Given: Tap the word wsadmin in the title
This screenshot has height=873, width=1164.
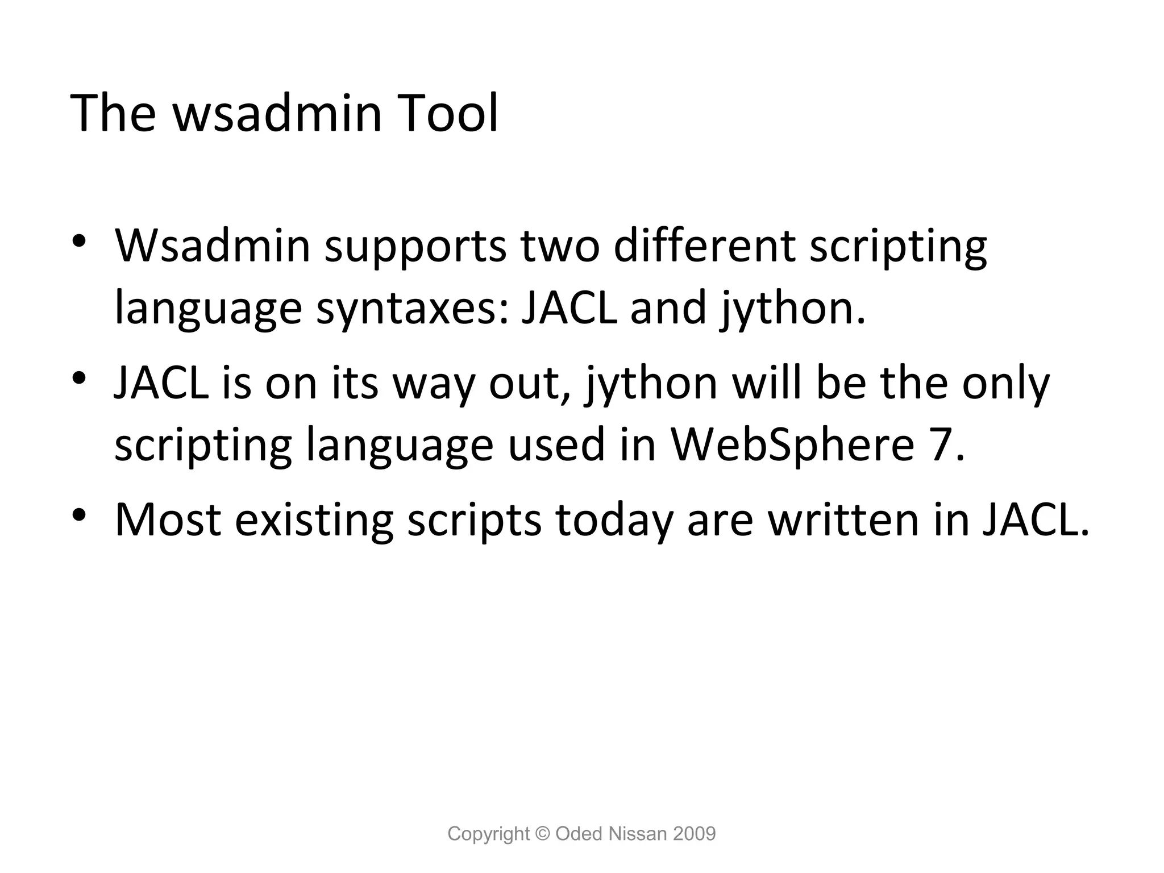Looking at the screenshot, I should pyautogui.click(x=277, y=113).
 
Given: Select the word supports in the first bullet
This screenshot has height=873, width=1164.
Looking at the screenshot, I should pyautogui.click(x=415, y=247).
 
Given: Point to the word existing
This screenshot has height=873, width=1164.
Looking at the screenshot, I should pyautogui.click(x=314, y=520).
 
